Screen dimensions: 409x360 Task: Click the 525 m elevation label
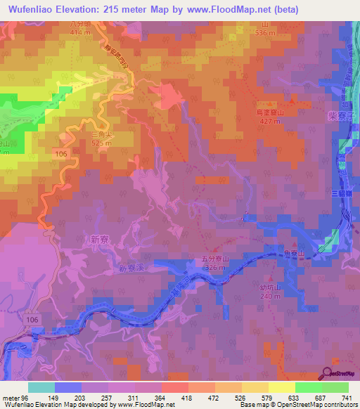(102, 143)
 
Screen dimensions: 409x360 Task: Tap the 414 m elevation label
(81, 33)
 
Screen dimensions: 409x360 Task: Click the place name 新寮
(101, 239)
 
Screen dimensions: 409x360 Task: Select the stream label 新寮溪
(131, 268)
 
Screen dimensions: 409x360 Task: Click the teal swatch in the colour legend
(41, 387)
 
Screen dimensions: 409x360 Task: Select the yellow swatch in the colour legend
(281, 387)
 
